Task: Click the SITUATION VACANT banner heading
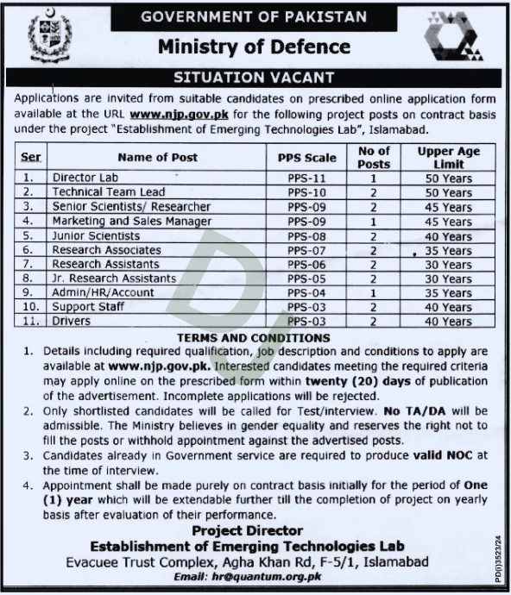pyautogui.click(x=255, y=77)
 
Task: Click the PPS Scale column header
pyautogui.click(x=308, y=157)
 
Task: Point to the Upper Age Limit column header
pyautogui.click(x=448, y=157)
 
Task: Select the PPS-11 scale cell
pyautogui.click(x=308, y=178)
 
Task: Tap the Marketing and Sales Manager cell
pyautogui.click(x=131, y=222)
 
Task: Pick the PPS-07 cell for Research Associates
pyautogui.click(x=308, y=250)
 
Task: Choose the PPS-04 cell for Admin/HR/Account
pyautogui.click(x=308, y=293)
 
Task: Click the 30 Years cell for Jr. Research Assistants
pyautogui.click(x=448, y=279)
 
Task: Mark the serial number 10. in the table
pyautogui.click(x=32, y=307)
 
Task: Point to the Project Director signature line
pyautogui.click(x=248, y=530)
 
